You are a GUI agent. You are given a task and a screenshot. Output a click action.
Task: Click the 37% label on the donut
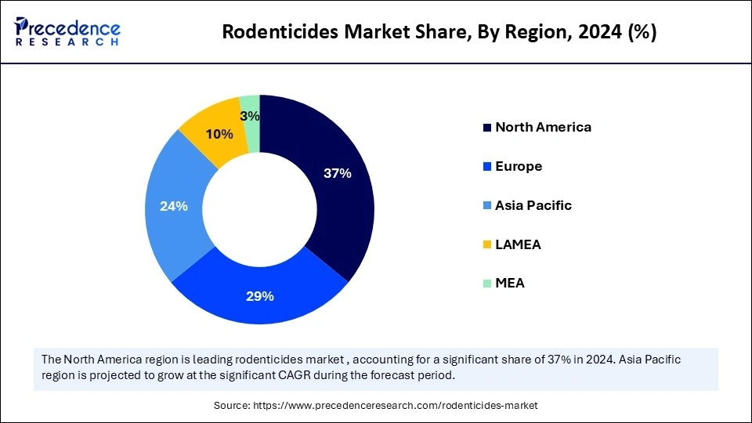pos(338,174)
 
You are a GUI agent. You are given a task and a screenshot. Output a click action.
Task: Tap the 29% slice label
pos(260,296)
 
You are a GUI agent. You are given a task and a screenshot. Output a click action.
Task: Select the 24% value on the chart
pos(173,206)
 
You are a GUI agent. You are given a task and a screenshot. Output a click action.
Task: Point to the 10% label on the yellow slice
pos(219,134)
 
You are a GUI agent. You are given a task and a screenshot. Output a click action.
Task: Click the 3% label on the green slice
pos(251,116)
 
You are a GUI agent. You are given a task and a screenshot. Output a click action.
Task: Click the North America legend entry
pos(543,127)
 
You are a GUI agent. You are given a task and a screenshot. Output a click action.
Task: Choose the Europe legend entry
pos(519,166)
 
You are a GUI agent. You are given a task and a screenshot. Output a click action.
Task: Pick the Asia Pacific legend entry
pos(533,205)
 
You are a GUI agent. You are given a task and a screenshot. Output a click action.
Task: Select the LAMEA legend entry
pos(518,244)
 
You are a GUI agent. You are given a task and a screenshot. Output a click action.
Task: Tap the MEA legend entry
pos(509,283)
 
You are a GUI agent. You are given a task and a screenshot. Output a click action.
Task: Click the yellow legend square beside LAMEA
pos(487,245)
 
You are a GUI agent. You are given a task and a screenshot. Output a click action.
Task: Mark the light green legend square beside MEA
pos(487,284)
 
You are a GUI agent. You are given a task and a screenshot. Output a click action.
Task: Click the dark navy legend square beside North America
pos(487,128)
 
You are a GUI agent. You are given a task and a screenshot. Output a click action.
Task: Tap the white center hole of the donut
pos(259,209)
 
